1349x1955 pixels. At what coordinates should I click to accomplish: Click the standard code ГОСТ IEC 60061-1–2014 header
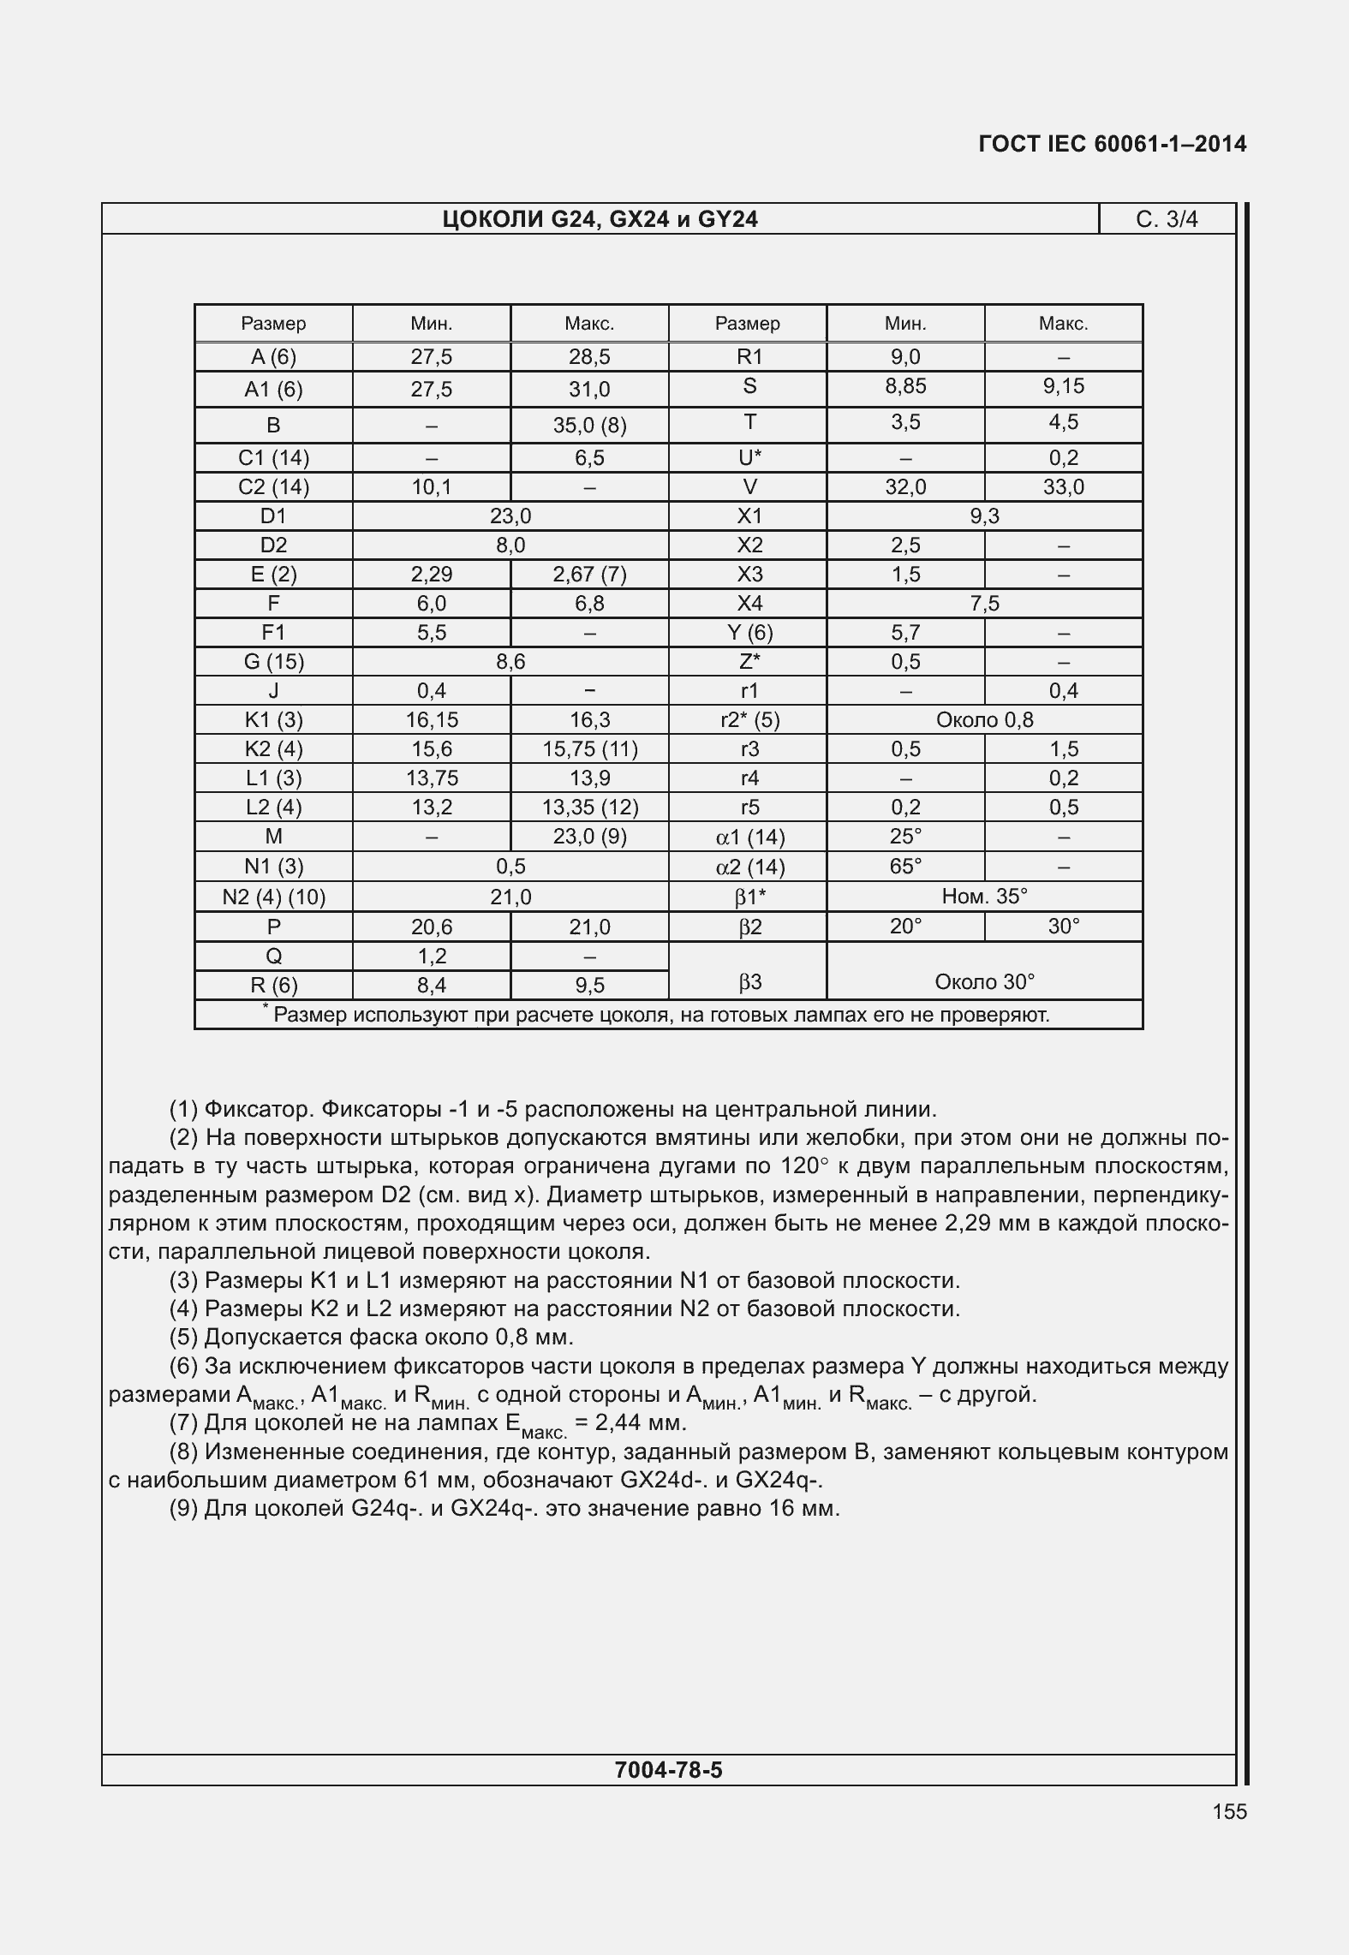click(x=1112, y=144)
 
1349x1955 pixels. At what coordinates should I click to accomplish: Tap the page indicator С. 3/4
click(x=1167, y=220)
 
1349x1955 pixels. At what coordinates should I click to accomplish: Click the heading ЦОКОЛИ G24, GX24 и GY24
click(x=600, y=220)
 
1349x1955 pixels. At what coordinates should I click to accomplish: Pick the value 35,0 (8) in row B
click(x=589, y=426)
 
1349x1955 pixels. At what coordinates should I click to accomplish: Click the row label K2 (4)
click(x=273, y=749)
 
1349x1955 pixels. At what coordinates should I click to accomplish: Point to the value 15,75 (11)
click(x=589, y=749)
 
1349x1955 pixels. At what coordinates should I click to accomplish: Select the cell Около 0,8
click(x=984, y=720)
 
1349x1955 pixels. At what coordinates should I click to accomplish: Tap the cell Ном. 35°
click(x=984, y=897)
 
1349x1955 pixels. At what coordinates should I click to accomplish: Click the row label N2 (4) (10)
click(x=273, y=897)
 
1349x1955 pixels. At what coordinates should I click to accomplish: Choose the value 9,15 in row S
click(x=1063, y=386)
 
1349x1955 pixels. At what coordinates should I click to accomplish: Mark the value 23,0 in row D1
click(x=510, y=516)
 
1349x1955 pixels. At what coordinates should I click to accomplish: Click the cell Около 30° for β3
click(x=984, y=981)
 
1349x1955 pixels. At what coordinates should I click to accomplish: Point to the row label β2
click(x=749, y=927)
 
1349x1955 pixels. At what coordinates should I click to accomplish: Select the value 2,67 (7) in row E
click(x=589, y=575)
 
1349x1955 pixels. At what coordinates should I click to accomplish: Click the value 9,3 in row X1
click(x=984, y=516)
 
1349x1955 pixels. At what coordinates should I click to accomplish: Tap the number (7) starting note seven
click(x=183, y=1423)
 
